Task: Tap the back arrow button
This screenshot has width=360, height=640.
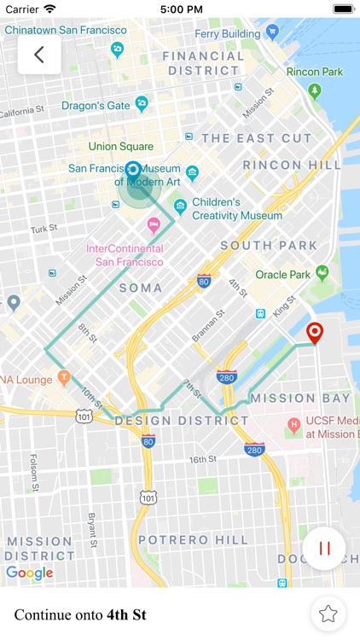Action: point(39,55)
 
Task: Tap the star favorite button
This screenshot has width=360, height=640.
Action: point(328,613)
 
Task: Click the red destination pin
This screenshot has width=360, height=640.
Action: point(315,333)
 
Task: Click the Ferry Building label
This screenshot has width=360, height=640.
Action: point(228,33)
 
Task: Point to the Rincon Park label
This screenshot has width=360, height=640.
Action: point(315,73)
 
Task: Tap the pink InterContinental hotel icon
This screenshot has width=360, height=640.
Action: point(154,225)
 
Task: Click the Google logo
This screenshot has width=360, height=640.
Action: point(30,573)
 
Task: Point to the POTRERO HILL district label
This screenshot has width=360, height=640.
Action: point(193,540)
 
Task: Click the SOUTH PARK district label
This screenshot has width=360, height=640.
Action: point(269,246)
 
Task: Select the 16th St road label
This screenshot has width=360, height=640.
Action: point(203,459)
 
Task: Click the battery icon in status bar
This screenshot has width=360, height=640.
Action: point(342,9)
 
